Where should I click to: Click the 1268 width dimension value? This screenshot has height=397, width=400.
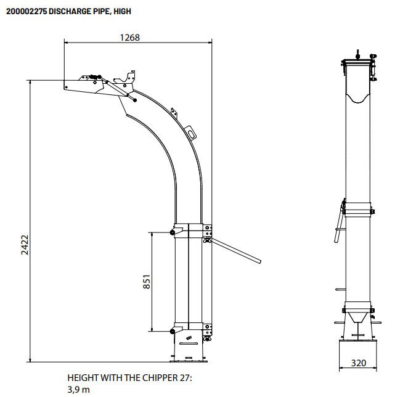[129, 37]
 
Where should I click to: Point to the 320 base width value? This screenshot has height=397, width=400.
[358, 363]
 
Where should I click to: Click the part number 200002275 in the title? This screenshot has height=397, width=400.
[28, 11]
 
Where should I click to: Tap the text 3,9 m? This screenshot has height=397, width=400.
[78, 389]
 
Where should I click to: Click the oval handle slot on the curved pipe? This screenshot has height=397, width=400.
[192, 131]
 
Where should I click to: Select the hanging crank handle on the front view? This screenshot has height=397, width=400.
[338, 225]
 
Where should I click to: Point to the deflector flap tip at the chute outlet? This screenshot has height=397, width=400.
[66, 86]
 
